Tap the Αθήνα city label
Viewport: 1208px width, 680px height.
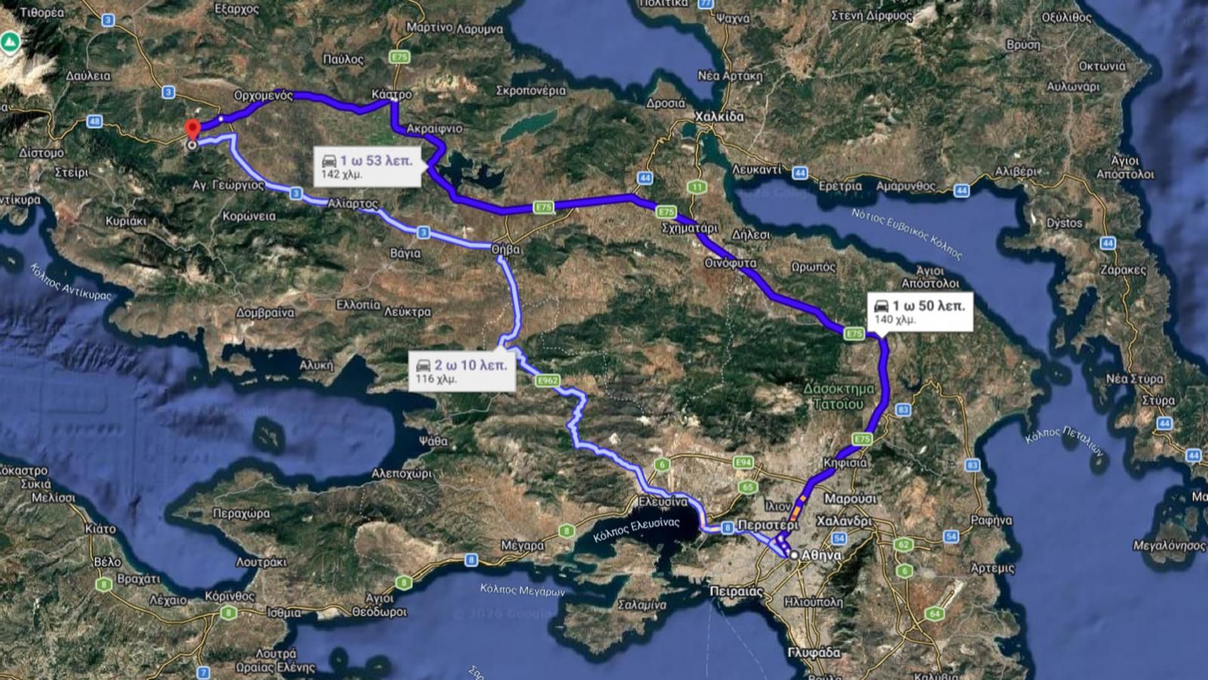(x=821, y=555)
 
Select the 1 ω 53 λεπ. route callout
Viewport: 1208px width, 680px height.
(x=367, y=166)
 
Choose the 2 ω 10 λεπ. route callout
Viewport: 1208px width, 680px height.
(x=462, y=371)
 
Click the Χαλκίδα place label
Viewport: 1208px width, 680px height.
(x=719, y=117)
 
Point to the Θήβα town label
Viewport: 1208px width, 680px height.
(x=505, y=248)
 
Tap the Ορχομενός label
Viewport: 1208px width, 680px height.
(x=263, y=96)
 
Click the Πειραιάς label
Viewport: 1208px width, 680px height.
(x=737, y=591)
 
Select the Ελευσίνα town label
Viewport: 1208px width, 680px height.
(x=662, y=502)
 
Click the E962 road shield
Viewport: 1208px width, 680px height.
(x=547, y=381)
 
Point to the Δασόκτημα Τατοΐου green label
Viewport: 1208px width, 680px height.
(x=838, y=397)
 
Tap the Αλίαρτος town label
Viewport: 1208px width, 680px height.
(x=353, y=204)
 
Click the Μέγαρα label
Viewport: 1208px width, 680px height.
(x=522, y=545)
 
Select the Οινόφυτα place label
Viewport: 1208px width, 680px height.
(x=730, y=264)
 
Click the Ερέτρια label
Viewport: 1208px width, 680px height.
(x=840, y=186)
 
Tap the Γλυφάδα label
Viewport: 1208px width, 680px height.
(x=813, y=652)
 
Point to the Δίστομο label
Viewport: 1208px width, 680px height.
(x=41, y=153)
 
